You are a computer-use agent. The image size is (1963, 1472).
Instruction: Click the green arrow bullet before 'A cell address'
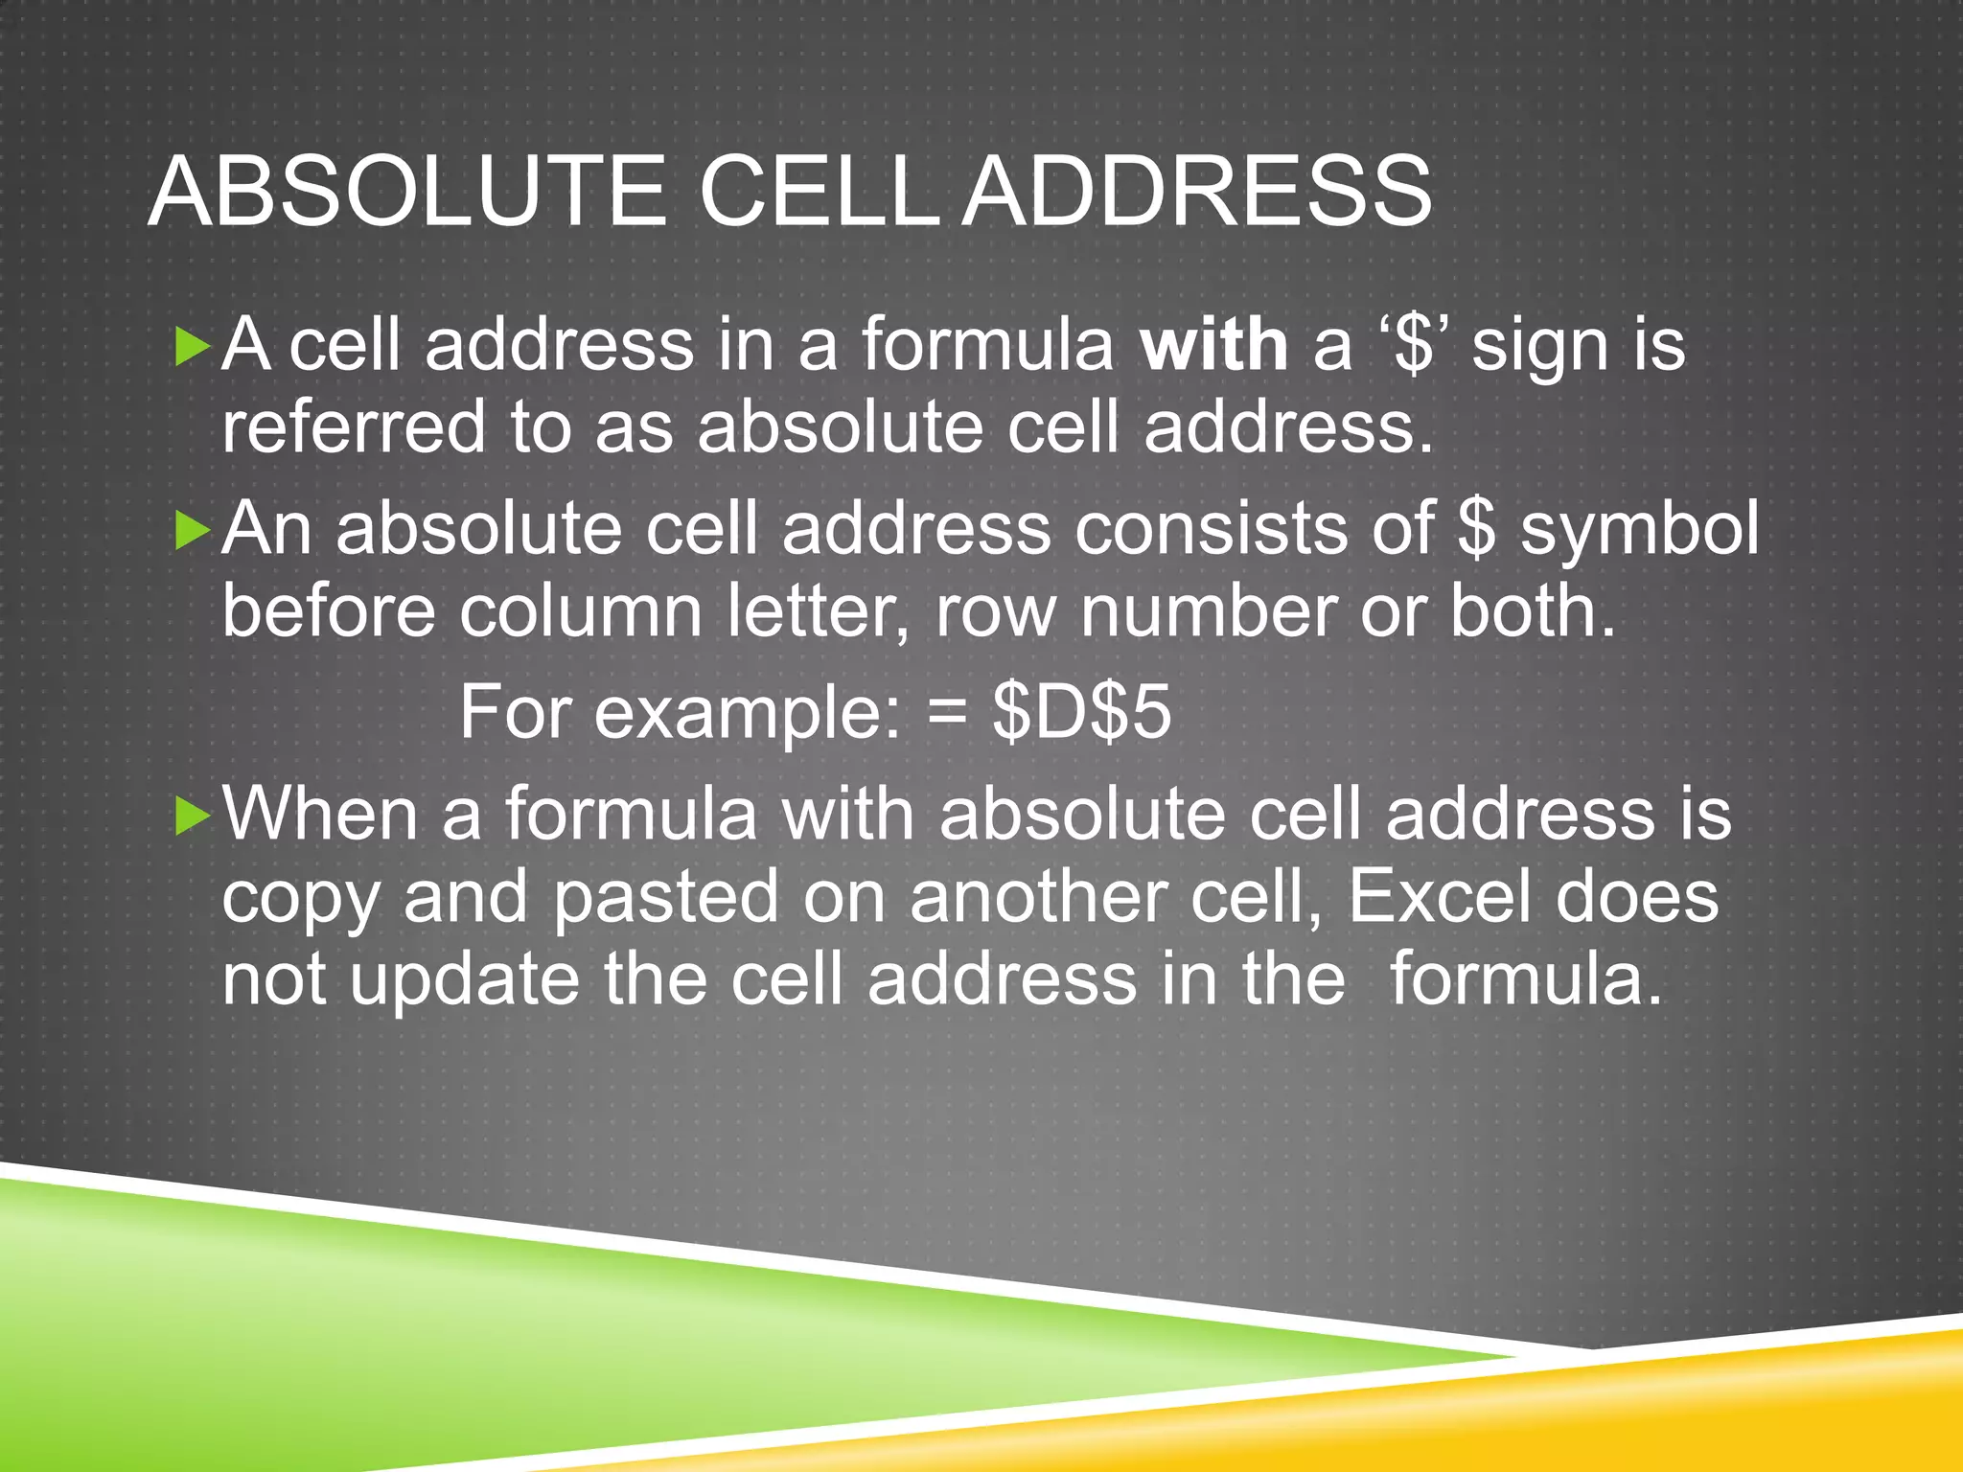[193, 347]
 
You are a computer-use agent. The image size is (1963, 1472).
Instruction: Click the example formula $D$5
[1081, 713]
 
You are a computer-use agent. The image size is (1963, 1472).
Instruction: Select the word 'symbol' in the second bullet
[1640, 529]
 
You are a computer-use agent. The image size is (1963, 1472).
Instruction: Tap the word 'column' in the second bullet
[581, 611]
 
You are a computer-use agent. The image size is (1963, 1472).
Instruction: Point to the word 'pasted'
[666, 899]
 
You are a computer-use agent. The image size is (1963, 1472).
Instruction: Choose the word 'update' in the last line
[464, 981]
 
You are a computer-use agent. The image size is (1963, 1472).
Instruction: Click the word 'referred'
[354, 427]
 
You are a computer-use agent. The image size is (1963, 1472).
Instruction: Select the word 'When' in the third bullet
[320, 815]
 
